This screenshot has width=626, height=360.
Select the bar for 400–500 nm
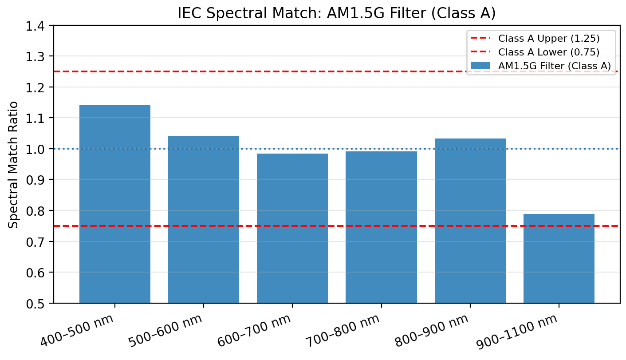tap(114, 204)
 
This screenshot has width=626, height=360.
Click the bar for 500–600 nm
tap(203, 220)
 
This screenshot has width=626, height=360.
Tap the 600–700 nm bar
tap(292, 228)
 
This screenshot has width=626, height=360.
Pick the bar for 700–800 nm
tap(381, 227)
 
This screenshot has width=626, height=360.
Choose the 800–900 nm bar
tap(470, 221)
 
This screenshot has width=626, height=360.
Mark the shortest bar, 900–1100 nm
tap(559, 258)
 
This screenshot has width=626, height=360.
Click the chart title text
tap(336, 13)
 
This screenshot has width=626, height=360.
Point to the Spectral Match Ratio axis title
tap(14, 165)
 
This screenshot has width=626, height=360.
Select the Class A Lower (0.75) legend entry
tap(549, 52)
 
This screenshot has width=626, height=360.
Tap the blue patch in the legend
tap(481, 66)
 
